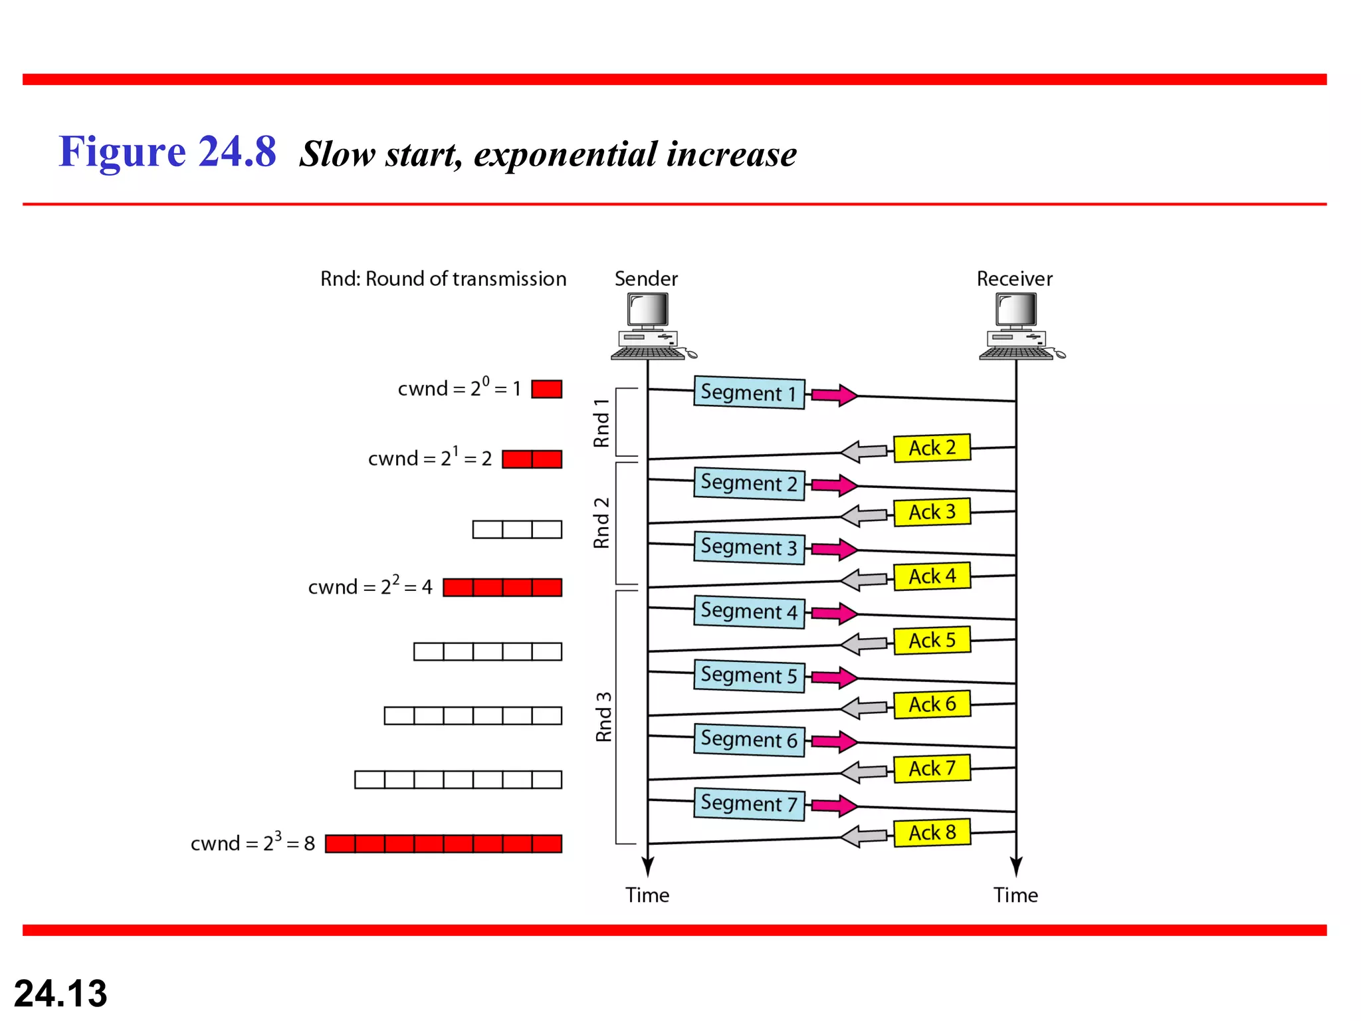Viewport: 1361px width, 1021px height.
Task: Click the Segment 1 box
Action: [x=748, y=392]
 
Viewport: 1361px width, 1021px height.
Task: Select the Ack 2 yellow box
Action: [x=932, y=448]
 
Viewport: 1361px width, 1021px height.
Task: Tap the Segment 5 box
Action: [x=748, y=675]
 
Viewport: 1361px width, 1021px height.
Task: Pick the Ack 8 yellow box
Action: [x=932, y=832]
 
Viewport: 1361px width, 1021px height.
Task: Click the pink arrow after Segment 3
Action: [x=835, y=550]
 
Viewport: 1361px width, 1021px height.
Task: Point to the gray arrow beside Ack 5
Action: [x=863, y=643]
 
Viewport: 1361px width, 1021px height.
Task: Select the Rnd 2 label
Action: [x=601, y=522]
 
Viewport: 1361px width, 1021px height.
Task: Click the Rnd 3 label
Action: [x=603, y=717]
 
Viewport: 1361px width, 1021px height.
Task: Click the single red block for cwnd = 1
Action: [x=546, y=389]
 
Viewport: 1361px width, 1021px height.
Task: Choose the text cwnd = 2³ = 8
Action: [x=253, y=843]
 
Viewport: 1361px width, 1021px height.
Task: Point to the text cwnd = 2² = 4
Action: [x=370, y=586]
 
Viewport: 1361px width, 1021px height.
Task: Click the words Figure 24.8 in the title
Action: [x=167, y=152]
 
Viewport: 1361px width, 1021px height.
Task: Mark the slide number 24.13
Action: [x=60, y=993]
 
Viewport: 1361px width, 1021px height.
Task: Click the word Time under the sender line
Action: [x=647, y=895]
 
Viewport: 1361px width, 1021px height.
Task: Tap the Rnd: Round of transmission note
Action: [x=443, y=279]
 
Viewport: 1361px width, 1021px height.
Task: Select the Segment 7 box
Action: [x=748, y=804]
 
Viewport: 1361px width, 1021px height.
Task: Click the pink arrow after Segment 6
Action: [x=835, y=742]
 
